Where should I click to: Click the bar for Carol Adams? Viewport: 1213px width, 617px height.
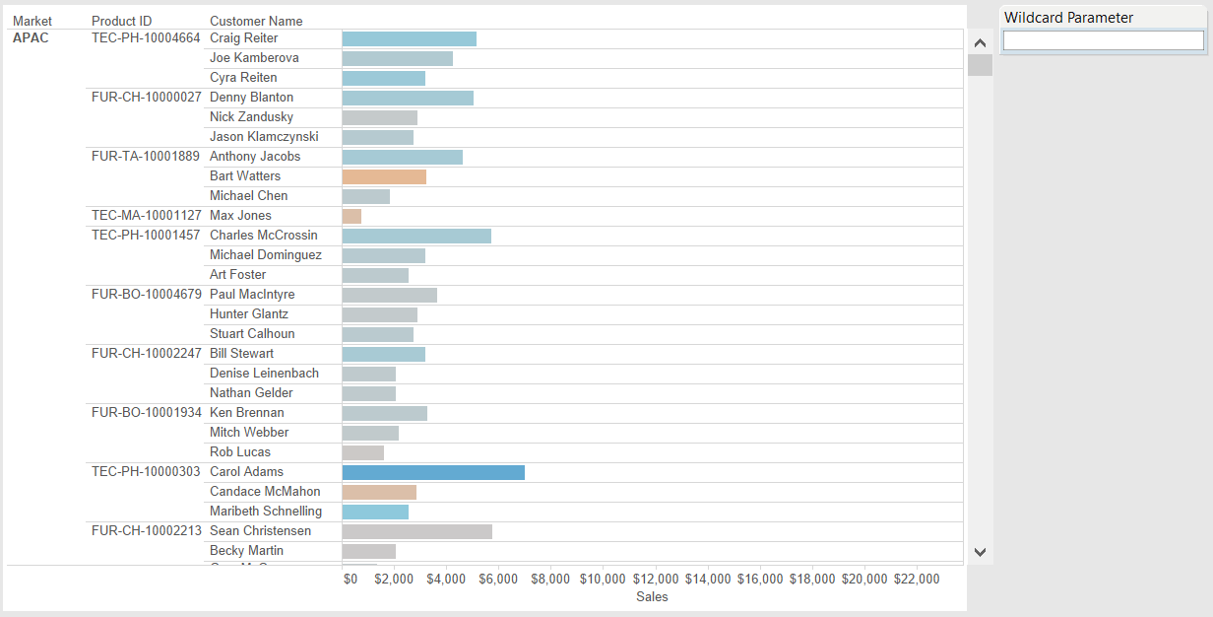433,472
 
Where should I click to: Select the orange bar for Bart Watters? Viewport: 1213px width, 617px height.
384,176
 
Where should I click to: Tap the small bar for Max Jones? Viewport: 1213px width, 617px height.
351,216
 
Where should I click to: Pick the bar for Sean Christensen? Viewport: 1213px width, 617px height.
416,531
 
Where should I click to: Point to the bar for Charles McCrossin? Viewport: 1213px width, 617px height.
416,236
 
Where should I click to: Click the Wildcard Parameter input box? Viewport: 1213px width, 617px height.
1103,40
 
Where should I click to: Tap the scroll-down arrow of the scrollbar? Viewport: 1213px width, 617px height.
980,552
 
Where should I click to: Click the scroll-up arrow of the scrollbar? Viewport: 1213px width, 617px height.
980,43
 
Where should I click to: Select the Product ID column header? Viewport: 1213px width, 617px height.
122,21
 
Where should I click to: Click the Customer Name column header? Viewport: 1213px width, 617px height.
256,21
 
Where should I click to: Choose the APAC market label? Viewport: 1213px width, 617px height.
31,38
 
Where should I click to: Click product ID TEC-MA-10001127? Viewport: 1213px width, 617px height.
146,216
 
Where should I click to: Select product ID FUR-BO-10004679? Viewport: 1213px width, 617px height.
146,295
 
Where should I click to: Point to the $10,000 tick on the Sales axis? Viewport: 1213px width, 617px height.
603,580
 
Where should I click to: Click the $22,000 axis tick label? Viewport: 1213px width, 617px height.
916,580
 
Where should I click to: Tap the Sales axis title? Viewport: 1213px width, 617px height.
652,596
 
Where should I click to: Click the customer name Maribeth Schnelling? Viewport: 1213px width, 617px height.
266,512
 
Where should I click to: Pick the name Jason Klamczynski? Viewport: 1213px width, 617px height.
264,137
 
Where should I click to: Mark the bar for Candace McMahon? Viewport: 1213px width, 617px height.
379,492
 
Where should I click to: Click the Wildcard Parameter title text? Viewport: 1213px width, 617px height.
1068,18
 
